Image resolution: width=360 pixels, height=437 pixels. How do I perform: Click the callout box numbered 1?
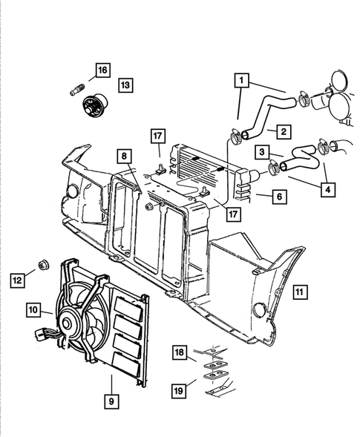click(243, 79)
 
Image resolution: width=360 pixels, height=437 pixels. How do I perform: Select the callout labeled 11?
click(297, 291)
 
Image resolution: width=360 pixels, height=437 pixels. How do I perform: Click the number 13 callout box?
click(125, 86)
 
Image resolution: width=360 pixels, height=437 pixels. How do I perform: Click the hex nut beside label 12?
click(42, 266)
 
